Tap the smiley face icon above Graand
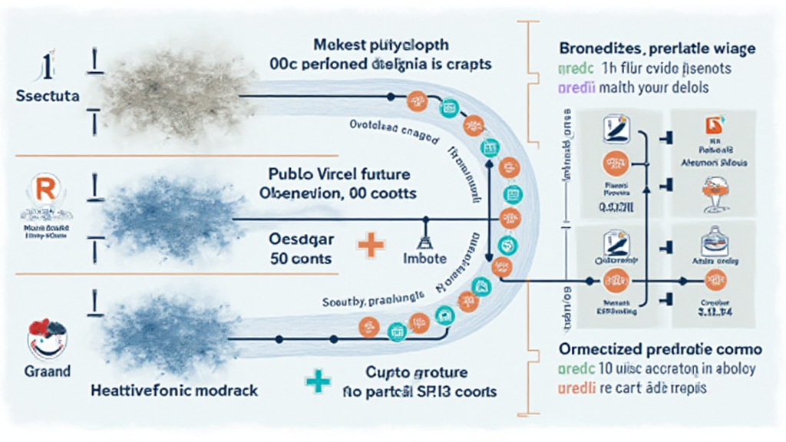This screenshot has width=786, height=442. click(47, 336)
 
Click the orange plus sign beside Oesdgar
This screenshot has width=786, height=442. click(371, 246)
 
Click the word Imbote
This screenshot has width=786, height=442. click(424, 259)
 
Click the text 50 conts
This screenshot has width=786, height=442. click(300, 259)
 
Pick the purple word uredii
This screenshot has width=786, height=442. click(575, 87)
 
